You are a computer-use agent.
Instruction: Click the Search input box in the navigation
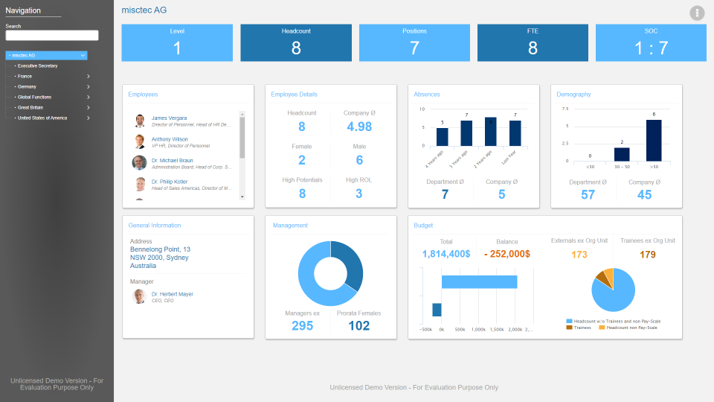tap(52, 35)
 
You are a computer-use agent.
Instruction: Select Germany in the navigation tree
tap(28, 86)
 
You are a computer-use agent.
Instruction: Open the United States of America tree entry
tap(42, 118)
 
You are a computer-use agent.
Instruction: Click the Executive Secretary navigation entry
tap(37, 66)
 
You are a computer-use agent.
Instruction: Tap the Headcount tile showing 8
tap(296, 43)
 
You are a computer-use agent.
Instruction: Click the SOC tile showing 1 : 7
tap(651, 43)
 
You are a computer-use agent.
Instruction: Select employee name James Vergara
tap(169, 118)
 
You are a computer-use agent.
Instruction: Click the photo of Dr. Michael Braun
tap(140, 163)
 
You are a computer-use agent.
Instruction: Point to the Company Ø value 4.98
tap(359, 127)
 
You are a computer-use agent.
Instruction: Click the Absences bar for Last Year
tap(515, 133)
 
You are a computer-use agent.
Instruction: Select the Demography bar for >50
tap(654, 141)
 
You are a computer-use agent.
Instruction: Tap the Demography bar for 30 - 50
tap(622, 154)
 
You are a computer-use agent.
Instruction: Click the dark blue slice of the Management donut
tap(349, 264)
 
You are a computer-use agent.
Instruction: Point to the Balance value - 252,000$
tap(506, 254)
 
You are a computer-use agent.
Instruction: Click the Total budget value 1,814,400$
tap(446, 254)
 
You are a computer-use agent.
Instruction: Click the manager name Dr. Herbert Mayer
tap(172, 294)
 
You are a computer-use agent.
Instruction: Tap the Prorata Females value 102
tap(358, 325)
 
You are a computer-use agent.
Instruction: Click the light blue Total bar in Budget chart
tap(479, 281)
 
